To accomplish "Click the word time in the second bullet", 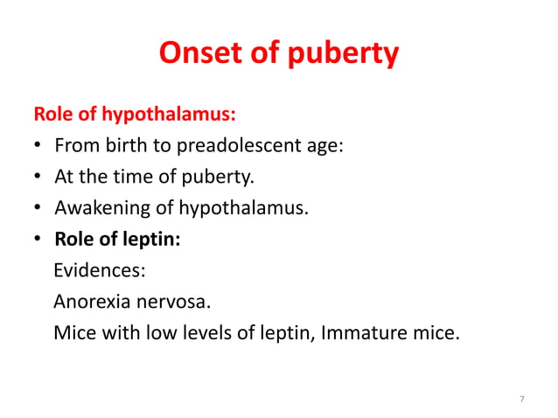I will [x=129, y=178].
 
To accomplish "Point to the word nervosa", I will [x=175, y=303].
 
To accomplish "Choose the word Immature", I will [x=373, y=333].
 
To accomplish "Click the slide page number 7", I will [x=521, y=400].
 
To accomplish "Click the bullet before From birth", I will [x=39, y=147].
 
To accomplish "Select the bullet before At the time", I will [x=39, y=178].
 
